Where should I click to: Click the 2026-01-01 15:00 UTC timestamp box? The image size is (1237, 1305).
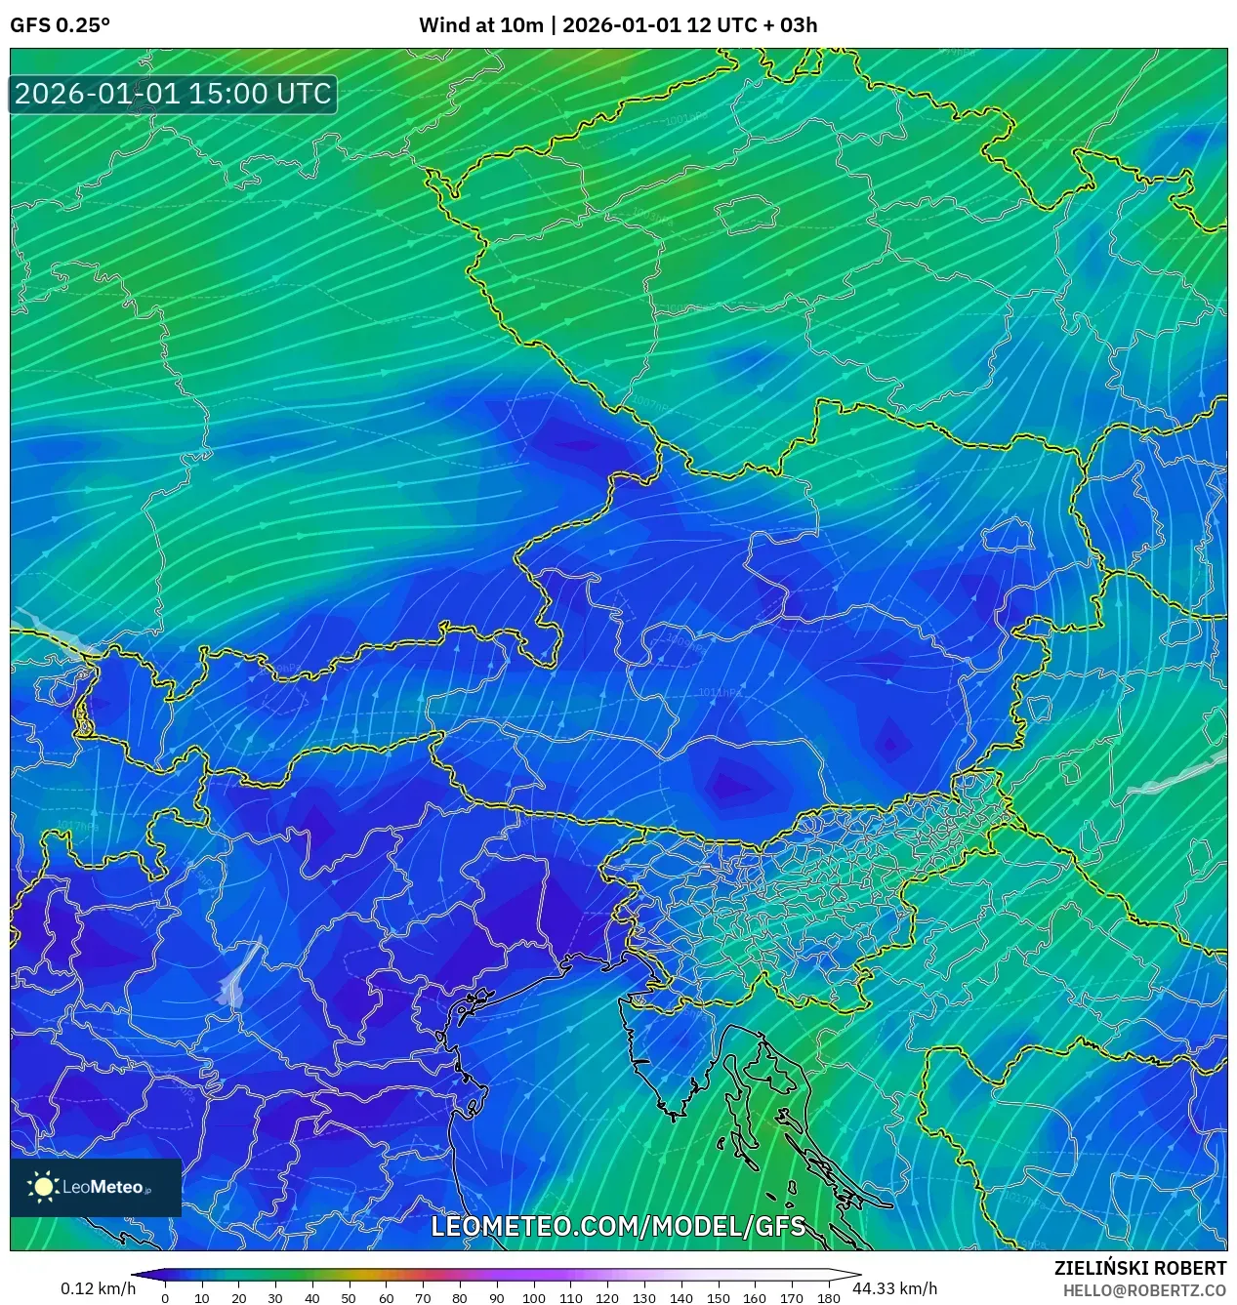click(x=173, y=94)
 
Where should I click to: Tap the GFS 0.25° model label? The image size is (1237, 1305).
click(x=60, y=25)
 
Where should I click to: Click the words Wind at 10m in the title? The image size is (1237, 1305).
click(x=480, y=25)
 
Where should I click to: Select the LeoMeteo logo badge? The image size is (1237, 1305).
click(x=96, y=1187)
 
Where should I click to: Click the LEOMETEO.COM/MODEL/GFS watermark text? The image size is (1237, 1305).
click(x=618, y=1226)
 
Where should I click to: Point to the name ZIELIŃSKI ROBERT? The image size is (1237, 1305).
click(x=1139, y=1268)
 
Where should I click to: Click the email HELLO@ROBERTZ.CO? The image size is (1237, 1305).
click(x=1144, y=1290)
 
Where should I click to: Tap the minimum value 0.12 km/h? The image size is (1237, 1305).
click(x=98, y=1288)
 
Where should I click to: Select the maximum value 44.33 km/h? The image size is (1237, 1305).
click(x=894, y=1288)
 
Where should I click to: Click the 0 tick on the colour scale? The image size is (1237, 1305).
click(x=165, y=1298)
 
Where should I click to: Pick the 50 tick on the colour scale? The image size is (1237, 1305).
click(x=349, y=1298)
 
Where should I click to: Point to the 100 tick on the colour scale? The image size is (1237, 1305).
click(x=533, y=1298)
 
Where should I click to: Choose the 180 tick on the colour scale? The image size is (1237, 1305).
click(x=828, y=1298)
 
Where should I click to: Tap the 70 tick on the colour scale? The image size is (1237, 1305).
click(x=423, y=1298)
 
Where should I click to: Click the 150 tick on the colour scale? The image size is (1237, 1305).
click(x=718, y=1298)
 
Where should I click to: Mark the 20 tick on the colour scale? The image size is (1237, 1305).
click(x=238, y=1298)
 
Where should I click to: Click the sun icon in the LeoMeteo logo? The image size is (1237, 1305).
click(x=43, y=1187)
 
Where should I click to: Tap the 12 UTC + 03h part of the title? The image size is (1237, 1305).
click(x=752, y=25)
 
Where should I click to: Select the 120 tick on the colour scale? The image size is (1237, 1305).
click(x=607, y=1298)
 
